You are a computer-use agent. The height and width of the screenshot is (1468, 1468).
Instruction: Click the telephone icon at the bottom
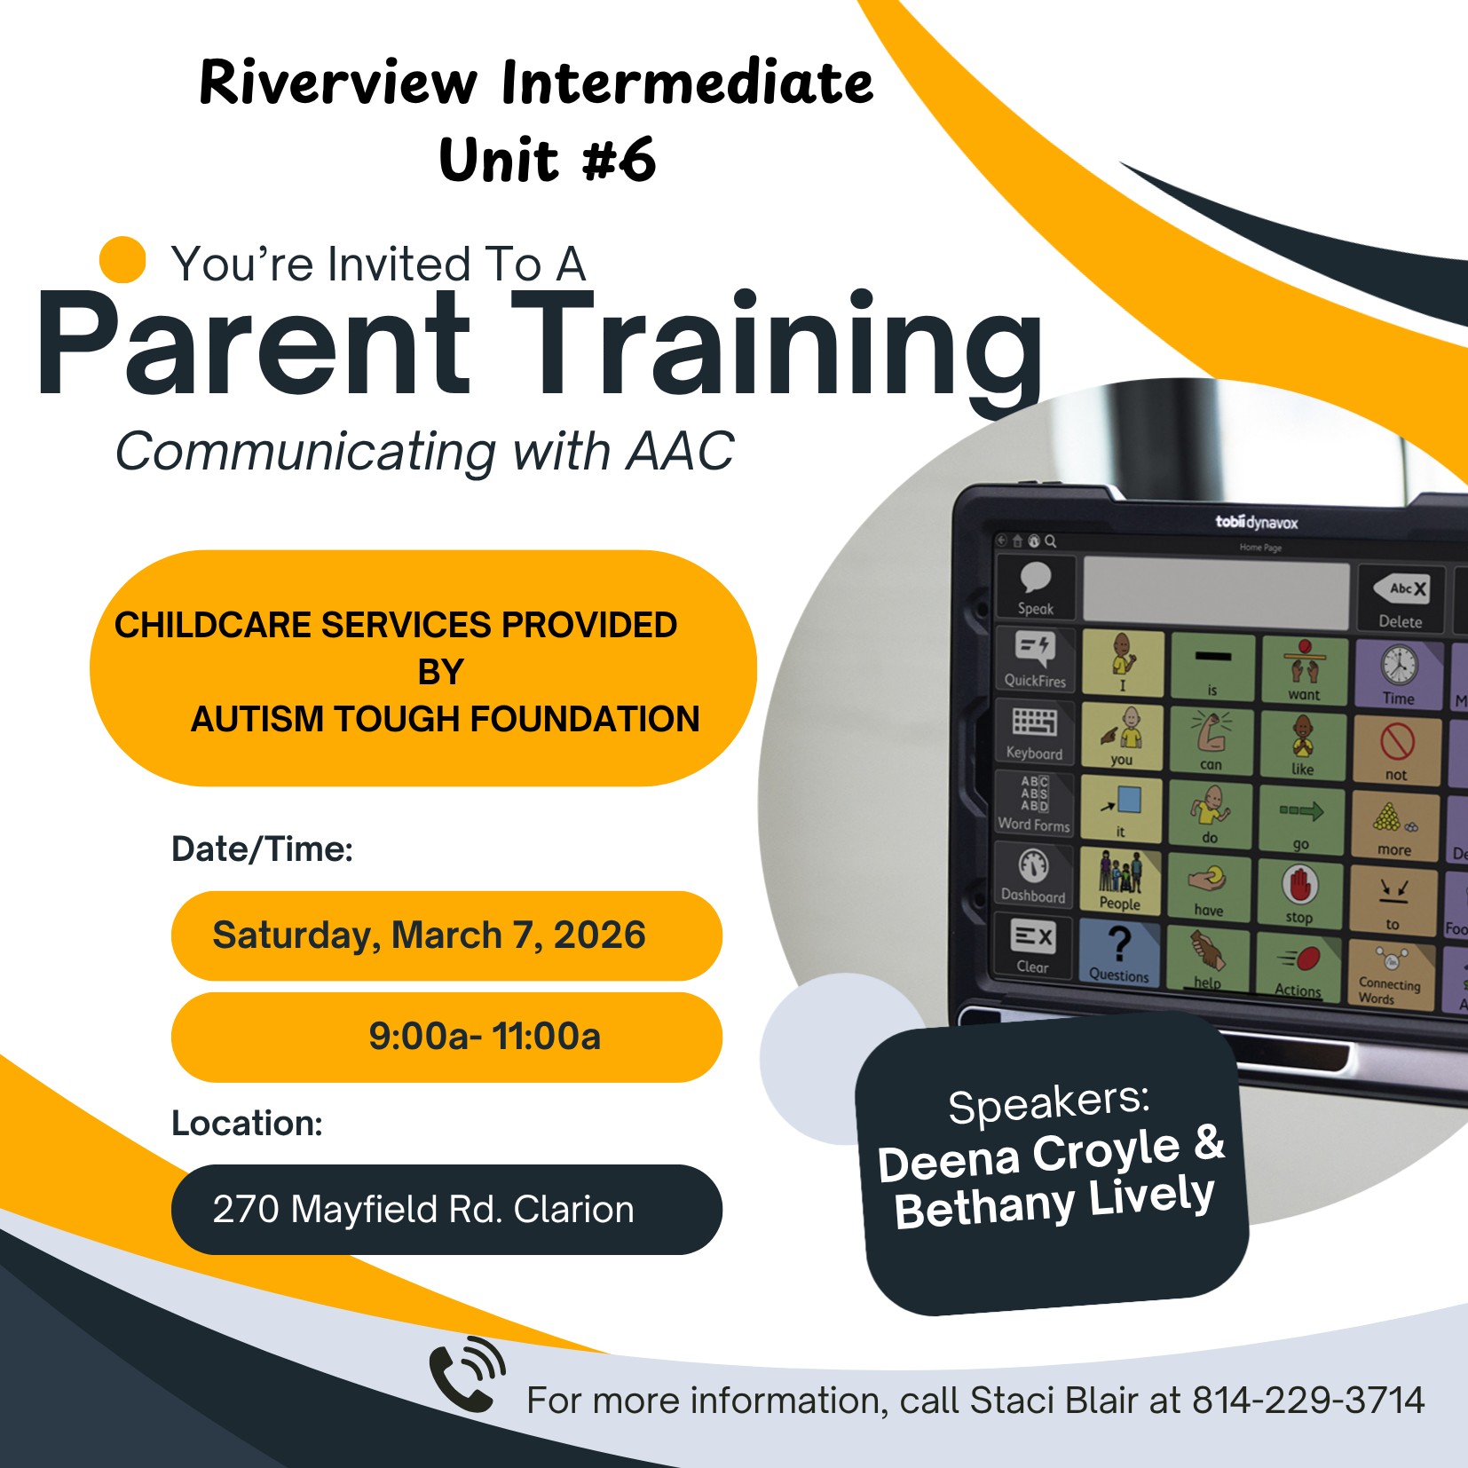(465, 1375)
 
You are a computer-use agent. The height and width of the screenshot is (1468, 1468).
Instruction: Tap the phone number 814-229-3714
(1307, 1401)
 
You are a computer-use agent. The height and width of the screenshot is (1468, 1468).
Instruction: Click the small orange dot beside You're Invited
(122, 260)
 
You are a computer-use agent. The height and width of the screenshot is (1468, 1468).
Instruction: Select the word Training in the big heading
(777, 346)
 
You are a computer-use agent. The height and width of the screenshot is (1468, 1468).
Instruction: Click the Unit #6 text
(547, 161)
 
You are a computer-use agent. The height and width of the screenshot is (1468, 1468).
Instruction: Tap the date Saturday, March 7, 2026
(430, 935)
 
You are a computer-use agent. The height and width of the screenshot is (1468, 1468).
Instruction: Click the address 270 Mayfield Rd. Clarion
(424, 1209)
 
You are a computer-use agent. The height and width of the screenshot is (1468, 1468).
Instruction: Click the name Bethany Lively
(1054, 1203)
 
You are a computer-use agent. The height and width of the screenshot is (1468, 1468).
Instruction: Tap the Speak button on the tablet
(1036, 588)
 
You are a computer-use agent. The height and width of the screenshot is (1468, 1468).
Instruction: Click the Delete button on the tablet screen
(1401, 601)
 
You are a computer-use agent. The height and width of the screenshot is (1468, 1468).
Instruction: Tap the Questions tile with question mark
(1119, 953)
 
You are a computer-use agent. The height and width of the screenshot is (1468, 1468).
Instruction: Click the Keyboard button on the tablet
(1035, 733)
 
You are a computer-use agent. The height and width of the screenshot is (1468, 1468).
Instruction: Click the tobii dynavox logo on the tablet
(1256, 523)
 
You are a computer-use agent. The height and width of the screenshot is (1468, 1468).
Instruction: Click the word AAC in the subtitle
(680, 452)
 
